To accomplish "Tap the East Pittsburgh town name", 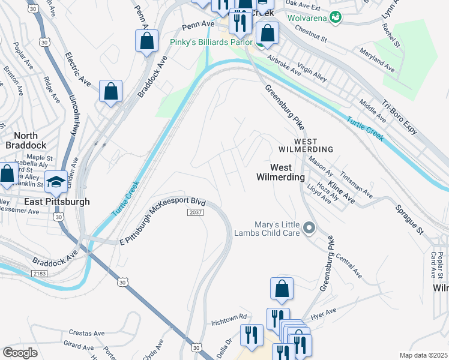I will click(x=57, y=202).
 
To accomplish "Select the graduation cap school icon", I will click(x=55, y=182).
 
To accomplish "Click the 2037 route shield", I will click(x=196, y=213).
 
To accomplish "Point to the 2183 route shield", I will click(x=40, y=273).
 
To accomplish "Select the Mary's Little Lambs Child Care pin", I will click(x=310, y=228).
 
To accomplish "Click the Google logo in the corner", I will click(x=20, y=353).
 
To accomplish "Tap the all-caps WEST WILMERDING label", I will click(x=305, y=149).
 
